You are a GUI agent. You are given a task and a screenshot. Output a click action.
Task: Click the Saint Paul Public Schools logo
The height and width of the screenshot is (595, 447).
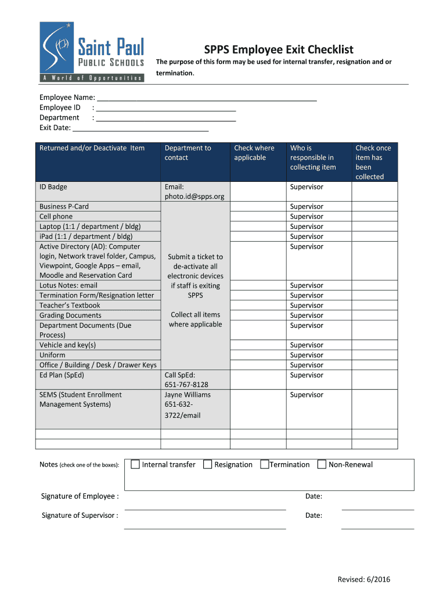coord(92,52)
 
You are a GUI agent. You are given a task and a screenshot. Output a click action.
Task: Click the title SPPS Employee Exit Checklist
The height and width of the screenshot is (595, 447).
coord(279,50)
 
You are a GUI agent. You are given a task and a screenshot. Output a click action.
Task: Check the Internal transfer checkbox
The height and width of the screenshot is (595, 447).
coord(135,464)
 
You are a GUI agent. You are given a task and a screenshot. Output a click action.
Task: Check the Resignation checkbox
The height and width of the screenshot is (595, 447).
coord(207,464)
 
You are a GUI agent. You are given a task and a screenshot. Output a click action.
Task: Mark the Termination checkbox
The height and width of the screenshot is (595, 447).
coord(265,464)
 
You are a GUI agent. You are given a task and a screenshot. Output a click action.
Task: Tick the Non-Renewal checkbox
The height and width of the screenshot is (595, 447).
coord(322,464)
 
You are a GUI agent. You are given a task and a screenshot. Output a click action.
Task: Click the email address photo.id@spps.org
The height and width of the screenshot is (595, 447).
coord(194,196)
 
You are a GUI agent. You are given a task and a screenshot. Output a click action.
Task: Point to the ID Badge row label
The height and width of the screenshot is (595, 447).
coord(53,187)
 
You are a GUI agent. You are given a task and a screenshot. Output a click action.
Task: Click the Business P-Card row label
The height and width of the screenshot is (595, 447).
coord(64,206)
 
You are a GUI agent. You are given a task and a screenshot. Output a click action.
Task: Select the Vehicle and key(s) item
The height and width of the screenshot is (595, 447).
coord(67,345)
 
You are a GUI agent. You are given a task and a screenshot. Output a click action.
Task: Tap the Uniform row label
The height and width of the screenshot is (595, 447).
coord(52,355)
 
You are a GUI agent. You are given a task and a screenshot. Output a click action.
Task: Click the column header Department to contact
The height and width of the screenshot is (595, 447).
coord(188,153)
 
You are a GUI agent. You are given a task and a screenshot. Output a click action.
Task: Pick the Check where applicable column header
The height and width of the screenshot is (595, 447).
coord(254,153)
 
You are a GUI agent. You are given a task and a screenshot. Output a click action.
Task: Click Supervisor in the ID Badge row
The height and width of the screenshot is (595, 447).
coord(307,187)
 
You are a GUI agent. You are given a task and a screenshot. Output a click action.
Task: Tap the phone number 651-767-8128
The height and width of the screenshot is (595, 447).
coord(186,385)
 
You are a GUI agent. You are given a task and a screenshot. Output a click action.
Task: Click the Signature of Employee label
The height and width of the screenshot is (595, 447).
coord(80,496)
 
